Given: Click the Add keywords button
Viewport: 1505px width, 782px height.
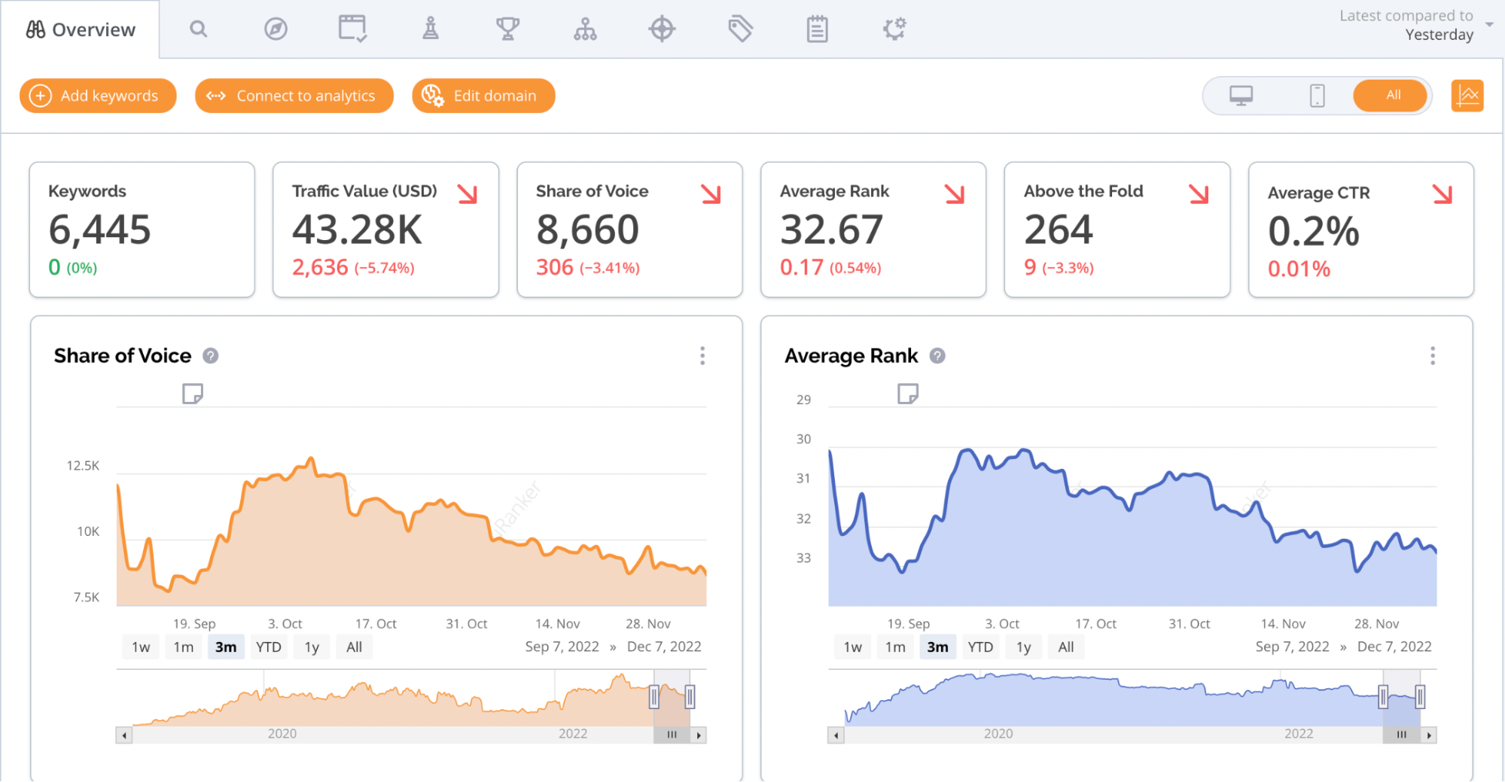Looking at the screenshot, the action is tap(98, 96).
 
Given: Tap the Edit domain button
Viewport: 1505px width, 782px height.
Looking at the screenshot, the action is tap(483, 96).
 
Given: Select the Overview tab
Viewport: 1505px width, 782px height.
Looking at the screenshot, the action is tap(80, 29).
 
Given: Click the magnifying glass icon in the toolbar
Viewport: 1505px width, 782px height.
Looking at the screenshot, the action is tap(199, 29).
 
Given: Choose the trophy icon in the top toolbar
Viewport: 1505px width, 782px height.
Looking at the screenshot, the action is tap(508, 29).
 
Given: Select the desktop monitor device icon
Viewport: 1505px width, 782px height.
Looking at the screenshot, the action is tap(1241, 96).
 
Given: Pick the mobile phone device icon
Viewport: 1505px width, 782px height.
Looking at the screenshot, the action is tap(1317, 96).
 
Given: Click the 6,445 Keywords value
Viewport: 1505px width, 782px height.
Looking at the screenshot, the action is tap(100, 230).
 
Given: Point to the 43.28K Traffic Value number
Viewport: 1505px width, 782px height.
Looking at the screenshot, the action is tap(358, 230).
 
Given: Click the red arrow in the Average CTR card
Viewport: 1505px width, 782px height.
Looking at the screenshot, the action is tap(1443, 193).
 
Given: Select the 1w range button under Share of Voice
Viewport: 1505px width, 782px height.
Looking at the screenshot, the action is tap(141, 647).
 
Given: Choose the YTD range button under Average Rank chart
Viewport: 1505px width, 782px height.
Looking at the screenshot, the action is tap(980, 647).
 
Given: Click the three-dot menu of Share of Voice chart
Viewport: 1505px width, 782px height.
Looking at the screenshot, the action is tap(702, 356).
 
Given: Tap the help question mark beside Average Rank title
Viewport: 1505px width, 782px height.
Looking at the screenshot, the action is tap(937, 356).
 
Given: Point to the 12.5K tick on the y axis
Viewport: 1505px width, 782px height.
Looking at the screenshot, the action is tap(83, 466).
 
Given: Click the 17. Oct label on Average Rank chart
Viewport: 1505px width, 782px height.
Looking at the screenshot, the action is tap(1095, 624).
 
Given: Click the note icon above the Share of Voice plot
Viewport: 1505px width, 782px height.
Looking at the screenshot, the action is tap(193, 394).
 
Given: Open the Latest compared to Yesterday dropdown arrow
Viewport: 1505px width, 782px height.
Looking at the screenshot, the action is tap(1489, 25).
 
